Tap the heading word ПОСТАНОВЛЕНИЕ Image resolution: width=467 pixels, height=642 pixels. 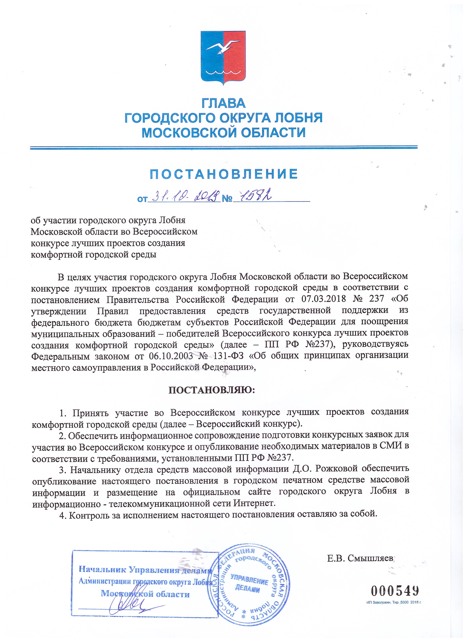[224, 174]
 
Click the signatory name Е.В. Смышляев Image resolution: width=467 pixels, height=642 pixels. [360, 558]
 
